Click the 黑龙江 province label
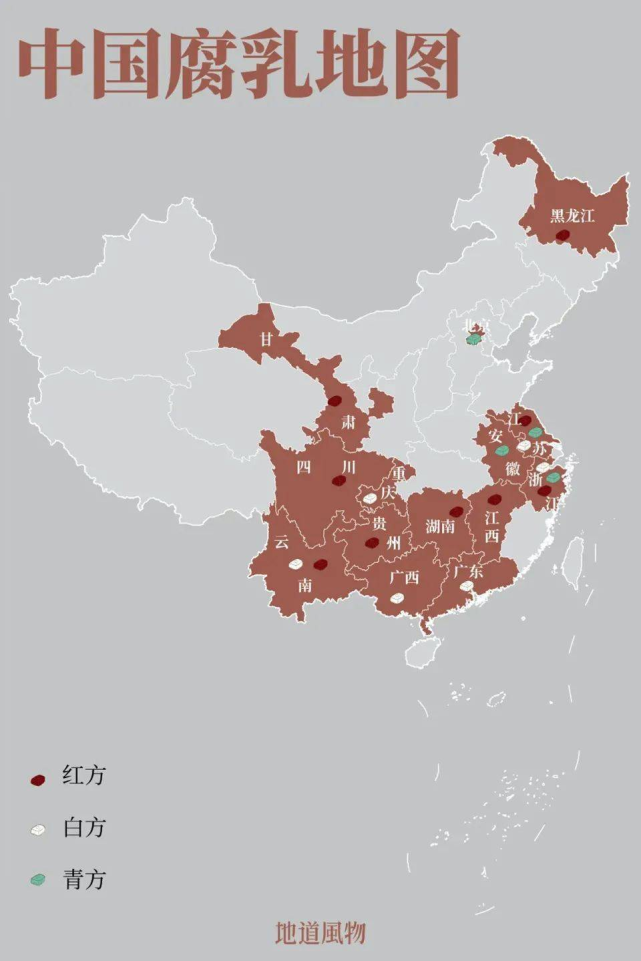572,215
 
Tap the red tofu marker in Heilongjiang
563,236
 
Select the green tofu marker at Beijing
473,339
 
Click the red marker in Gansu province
335,401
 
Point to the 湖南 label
440,526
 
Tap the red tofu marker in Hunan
456,511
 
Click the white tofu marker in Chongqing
370,497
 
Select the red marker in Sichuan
340,480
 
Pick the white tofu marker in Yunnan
296,564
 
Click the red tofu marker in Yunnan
320,564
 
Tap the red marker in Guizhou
372,543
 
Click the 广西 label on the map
404,578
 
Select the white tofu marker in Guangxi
398,597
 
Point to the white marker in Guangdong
466,586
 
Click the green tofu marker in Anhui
502,451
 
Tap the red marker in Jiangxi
494,499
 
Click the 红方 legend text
83,776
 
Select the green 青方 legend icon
39,880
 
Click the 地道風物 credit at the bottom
320,933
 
